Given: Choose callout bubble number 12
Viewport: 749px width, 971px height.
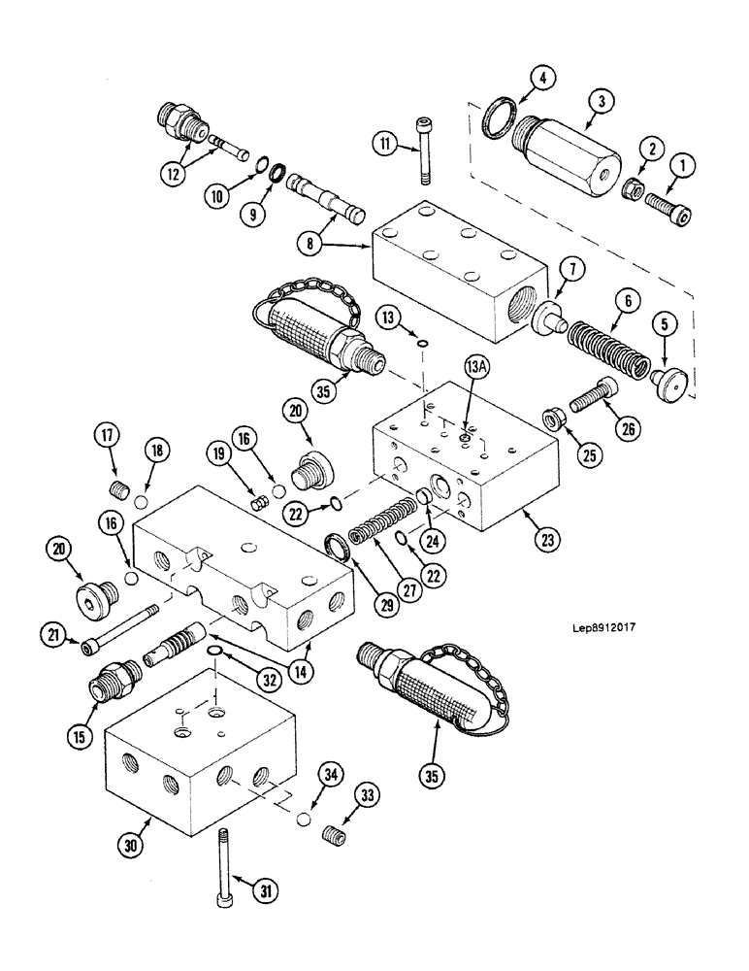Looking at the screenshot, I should point(175,175).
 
